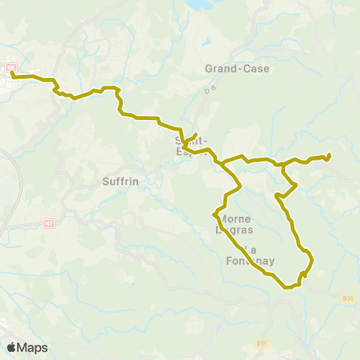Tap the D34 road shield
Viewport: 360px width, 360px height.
point(347,298)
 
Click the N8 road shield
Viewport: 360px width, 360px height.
point(10,68)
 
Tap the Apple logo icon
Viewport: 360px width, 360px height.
point(11,347)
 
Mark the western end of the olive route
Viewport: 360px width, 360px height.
point(12,74)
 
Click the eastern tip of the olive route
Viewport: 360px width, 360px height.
point(329,155)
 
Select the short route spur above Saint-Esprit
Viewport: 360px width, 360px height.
point(193,136)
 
